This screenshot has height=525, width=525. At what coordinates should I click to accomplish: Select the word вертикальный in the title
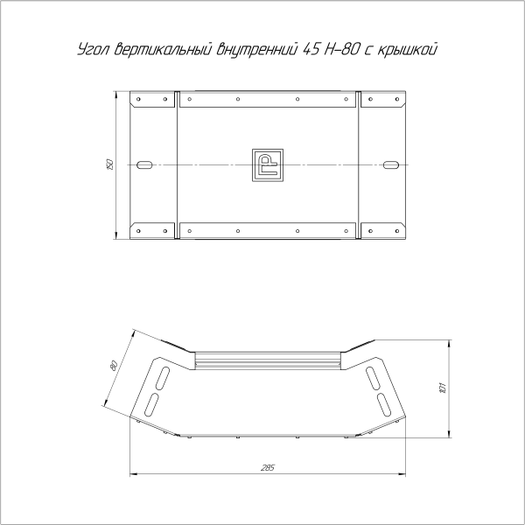(163, 51)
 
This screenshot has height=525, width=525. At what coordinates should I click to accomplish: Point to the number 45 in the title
(310, 51)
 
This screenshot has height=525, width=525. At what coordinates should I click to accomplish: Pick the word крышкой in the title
(409, 51)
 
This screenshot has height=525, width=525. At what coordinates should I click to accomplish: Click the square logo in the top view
(267, 164)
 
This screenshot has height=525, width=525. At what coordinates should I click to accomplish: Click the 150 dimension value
(109, 164)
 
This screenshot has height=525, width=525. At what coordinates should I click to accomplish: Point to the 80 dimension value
(114, 365)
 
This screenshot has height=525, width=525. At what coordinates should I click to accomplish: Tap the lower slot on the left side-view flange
(151, 403)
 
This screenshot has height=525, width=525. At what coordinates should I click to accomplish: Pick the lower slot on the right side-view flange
(384, 403)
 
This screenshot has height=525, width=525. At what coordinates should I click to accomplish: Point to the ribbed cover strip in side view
(267, 359)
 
